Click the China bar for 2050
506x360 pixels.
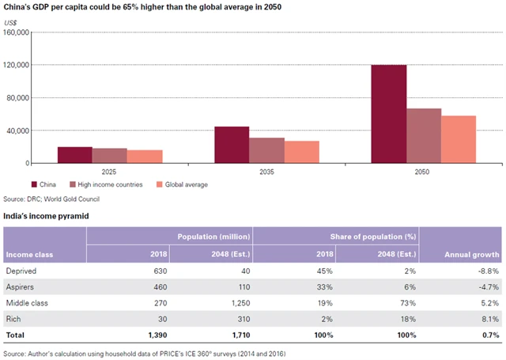coord(389,114)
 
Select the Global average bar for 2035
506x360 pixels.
coord(301,152)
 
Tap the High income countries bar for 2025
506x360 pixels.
coord(109,155)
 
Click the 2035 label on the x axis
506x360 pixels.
coord(266,171)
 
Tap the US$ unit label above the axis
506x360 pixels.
coord(12,22)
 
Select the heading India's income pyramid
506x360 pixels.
coord(47,214)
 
